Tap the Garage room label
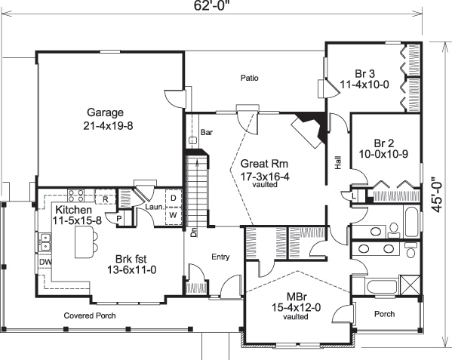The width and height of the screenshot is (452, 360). coord(109,117)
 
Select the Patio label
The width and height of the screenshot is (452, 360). coord(250,77)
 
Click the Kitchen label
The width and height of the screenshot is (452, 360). coord(74,210)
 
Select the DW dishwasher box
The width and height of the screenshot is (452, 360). coord(45,263)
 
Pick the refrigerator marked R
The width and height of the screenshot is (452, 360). coord(106,199)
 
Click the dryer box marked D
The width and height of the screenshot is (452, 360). coord(173,198)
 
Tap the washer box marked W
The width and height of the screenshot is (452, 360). coord(173,214)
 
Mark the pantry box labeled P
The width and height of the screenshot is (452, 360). coord(119,218)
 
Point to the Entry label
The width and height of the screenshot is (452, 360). coord(220,257)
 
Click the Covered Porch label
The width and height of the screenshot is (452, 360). coord(90,315)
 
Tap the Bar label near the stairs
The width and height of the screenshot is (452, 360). coord(206,132)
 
